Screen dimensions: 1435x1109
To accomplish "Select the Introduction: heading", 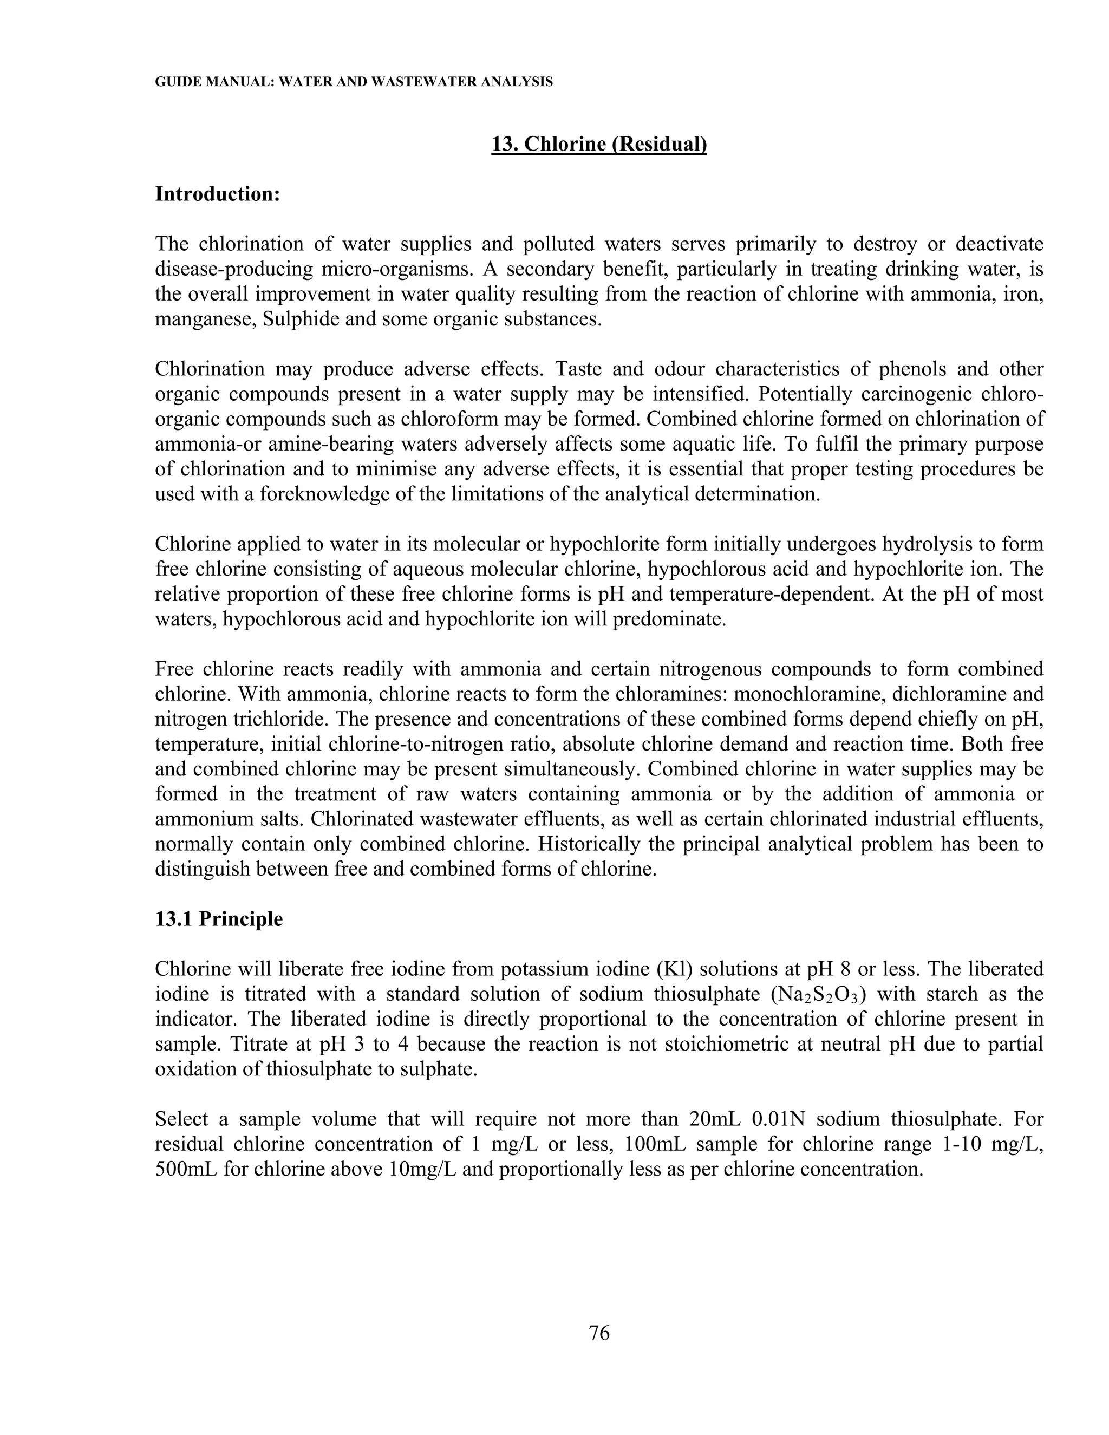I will pos(218,194).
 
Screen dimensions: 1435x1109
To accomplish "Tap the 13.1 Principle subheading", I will pos(219,918).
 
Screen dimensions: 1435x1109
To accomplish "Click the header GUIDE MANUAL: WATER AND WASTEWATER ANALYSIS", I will pos(354,82).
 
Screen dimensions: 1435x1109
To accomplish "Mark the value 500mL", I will pos(185,1169).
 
